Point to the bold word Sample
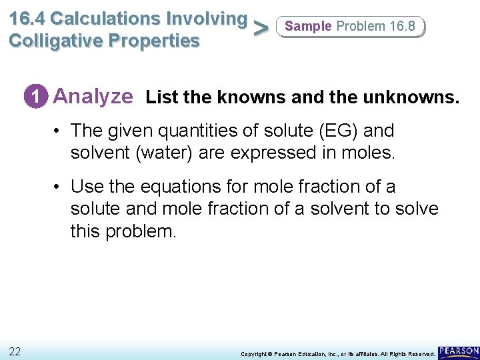[308, 26]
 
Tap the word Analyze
[93, 97]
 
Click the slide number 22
[15, 351]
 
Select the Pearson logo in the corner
[459, 351]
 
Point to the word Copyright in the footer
[255, 353]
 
